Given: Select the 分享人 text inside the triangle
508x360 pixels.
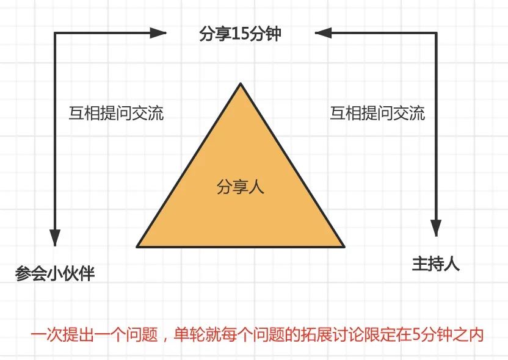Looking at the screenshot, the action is pos(240,187).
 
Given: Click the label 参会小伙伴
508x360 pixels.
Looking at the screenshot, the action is pos(55,273).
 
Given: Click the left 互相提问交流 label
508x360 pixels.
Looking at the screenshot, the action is pos(116,113).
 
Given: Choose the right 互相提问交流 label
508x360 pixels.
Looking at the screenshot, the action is pos(377,113).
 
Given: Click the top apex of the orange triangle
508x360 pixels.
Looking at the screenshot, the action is pos(241,83).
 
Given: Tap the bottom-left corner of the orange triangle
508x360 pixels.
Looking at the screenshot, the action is pos(137,247).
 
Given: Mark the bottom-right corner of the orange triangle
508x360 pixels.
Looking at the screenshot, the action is pos(344,247).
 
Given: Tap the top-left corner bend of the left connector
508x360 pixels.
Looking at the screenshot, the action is pos(56,32).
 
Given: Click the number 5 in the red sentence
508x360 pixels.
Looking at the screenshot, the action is pos(416,336).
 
